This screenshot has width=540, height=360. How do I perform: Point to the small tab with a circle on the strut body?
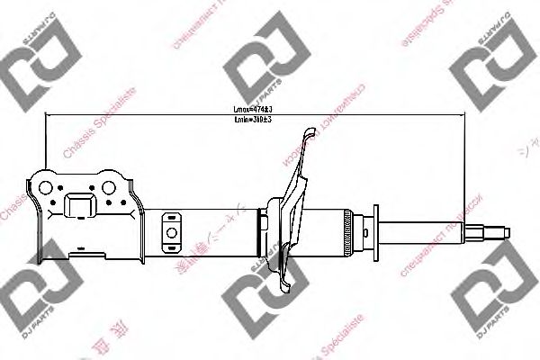coord(171,236)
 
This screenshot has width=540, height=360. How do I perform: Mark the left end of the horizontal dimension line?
coord(46,115)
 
